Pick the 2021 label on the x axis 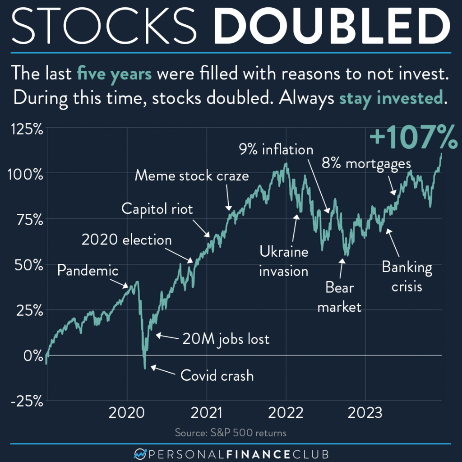[207, 413]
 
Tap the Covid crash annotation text [217, 375]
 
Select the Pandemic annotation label [88, 271]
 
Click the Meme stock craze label [192, 176]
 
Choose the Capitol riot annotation [157, 209]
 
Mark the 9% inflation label [276, 149]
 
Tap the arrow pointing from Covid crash [162, 371]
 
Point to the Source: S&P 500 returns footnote [231, 434]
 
